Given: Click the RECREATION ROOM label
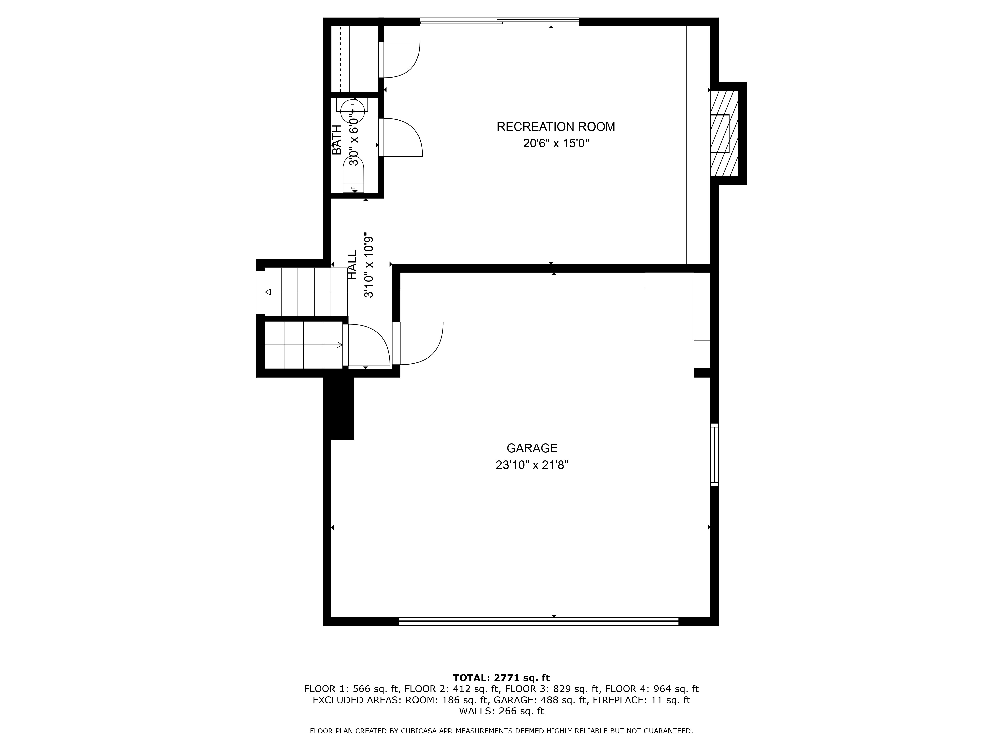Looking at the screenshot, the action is click(556, 127).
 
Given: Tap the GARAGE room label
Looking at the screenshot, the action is click(532, 448).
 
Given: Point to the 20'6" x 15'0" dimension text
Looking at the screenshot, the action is click(556, 144).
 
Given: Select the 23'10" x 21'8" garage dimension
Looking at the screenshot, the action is click(532, 465).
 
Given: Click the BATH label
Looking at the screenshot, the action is click(337, 140).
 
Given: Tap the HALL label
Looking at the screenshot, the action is click(352, 266).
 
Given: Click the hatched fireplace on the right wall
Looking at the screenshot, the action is click(724, 133).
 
